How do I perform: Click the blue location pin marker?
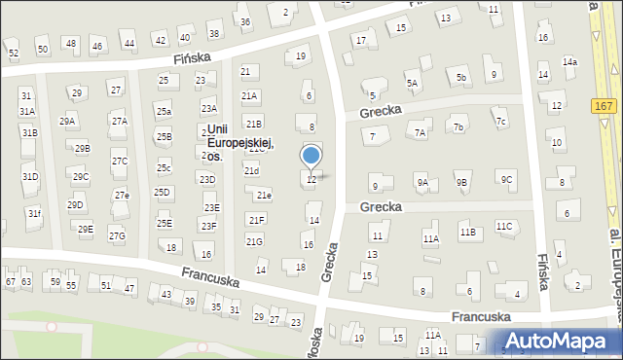coord(311,156)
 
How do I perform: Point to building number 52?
coord(14,53)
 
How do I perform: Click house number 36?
coord(245,22)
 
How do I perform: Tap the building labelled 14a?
coord(569,62)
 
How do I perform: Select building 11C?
coord(503,227)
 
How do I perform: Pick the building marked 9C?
coord(505,179)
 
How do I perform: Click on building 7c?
coord(500,122)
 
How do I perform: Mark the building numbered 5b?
coord(461,78)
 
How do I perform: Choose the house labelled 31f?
coord(34,213)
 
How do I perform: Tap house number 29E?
coord(86,230)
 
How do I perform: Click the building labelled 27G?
coord(117,235)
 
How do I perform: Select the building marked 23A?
coord(208,109)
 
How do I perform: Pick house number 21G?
coord(254,241)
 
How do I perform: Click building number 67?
coord(10,282)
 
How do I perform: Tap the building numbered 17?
coord(361,40)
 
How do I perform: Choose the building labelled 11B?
coord(467,232)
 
